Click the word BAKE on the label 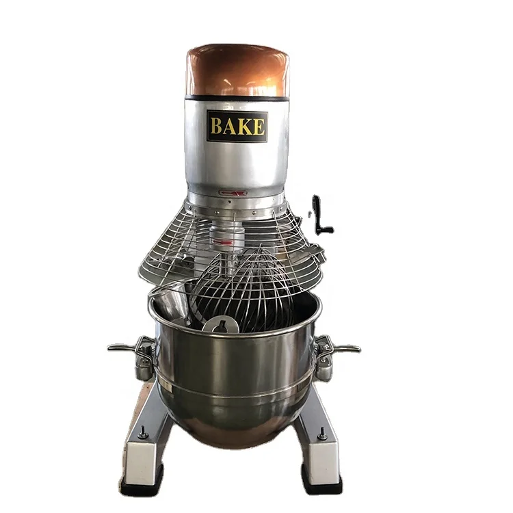click(237, 127)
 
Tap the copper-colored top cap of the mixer click(237, 68)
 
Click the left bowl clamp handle click(130, 349)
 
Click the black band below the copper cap click(237, 97)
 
